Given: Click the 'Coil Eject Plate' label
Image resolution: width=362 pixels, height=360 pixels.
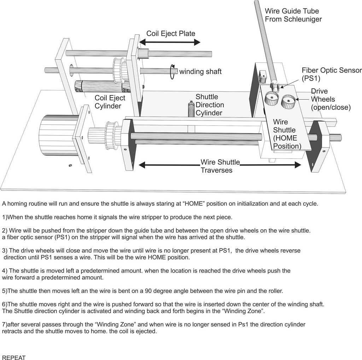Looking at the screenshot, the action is click(x=171, y=34).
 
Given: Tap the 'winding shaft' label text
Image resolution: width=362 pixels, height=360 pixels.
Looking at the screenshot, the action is click(x=200, y=71).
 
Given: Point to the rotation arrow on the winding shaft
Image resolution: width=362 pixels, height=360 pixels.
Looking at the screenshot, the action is click(x=172, y=72).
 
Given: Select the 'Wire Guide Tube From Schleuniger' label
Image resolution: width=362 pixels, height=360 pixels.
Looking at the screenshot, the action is click(x=293, y=15).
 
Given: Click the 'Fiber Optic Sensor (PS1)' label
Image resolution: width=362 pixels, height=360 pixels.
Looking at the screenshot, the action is click(x=332, y=74).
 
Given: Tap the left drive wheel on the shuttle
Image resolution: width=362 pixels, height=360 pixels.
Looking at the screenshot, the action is click(x=272, y=99).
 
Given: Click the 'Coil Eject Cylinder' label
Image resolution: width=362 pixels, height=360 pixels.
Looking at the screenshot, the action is click(x=110, y=102).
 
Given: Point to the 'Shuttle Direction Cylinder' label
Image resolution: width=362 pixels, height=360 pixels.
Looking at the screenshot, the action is click(x=210, y=105).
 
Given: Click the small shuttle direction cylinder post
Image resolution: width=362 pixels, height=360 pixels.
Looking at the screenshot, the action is click(x=191, y=109).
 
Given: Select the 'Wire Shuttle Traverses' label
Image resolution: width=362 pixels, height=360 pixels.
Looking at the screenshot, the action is click(x=220, y=166).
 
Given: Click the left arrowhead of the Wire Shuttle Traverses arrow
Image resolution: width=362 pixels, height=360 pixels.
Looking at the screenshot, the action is click(x=142, y=165).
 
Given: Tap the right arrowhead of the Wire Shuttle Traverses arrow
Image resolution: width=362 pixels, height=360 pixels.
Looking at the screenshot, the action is click(x=298, y=165).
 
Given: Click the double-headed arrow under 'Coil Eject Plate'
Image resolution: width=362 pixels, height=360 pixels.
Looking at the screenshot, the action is click(x=170, y=42).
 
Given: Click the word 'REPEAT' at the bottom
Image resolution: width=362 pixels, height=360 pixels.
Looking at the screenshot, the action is click(x=14, y=358).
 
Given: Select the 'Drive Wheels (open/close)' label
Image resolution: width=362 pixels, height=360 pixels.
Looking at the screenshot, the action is click(x=331, y=99).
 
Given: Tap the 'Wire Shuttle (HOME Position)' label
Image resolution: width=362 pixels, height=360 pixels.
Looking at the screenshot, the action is click(x=287, y=134).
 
